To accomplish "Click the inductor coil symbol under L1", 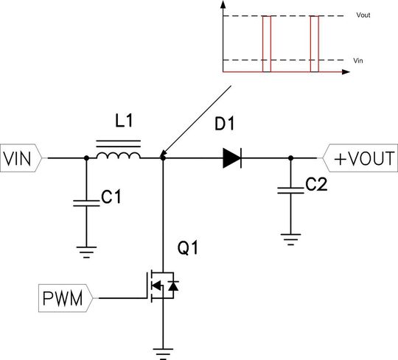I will click(119, 155).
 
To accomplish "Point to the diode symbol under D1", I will click(232, 158).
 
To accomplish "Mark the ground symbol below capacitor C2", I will click(291, 237).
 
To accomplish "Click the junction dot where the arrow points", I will click(162, 158).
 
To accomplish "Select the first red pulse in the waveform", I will click(267, 44).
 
